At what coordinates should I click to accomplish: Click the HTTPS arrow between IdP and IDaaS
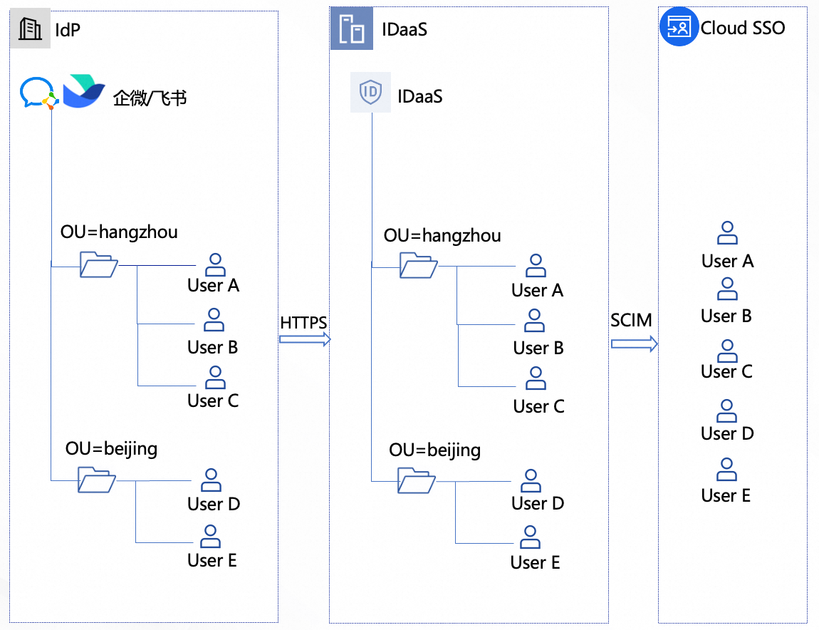[x=305, y=340]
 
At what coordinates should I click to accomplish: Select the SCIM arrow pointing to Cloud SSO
[x=633, y=344]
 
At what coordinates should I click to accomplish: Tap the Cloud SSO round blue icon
[x=678, y=28]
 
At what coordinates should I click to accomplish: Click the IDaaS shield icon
[x=370, y=93]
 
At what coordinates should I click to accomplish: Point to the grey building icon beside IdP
[x=30, y=29]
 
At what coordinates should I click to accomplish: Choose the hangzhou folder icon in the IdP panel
[x=98, y=264]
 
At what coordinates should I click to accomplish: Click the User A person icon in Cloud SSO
[x=727, y=233]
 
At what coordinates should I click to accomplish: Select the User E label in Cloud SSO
[x=726, y=495]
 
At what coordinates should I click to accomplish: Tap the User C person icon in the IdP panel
[x=214, y=377]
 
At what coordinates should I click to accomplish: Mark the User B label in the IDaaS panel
[x=538, y=348]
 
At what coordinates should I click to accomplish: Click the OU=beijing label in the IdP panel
[x=111, y=448]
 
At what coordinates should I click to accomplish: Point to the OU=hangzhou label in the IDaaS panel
[x=442, y=235]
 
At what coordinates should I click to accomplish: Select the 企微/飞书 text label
[x=150, y=97]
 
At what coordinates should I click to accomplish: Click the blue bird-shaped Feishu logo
[x=83, y=91]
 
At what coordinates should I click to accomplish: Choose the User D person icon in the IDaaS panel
[x=531, y=480]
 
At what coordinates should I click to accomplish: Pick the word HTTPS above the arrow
[x=303, y=322]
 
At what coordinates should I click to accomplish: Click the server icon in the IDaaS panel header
[x=352, y=29]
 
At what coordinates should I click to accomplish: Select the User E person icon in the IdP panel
[x=210, y=536]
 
